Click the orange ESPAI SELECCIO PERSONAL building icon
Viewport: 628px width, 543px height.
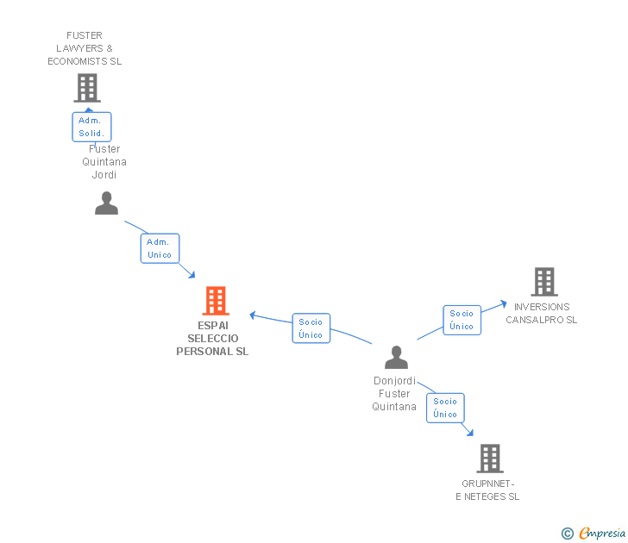pos(216,301)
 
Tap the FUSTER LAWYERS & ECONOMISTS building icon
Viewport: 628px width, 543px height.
pos(87,88)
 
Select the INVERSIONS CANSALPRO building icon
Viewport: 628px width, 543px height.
pos(544,282)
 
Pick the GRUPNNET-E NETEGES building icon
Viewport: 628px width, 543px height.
pos(490,459)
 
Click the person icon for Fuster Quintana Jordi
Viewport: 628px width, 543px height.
pos(106,203)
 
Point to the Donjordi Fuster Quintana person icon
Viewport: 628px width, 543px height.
pos(396,358)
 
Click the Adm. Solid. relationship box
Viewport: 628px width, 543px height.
pos(91,127)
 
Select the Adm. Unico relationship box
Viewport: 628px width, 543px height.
pos(160,248)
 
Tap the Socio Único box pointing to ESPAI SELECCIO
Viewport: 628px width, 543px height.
pos(311,328)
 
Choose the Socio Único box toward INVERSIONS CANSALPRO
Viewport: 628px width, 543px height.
pos(462,320)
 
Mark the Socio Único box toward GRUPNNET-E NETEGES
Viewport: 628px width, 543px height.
pos(445,408)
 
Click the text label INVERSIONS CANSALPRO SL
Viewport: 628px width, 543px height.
pos(542,314)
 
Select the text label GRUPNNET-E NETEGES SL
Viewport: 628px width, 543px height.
pos(487,490)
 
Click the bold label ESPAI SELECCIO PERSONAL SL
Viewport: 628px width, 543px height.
pos(212,339)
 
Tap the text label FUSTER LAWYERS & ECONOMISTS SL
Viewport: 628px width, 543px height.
pos(85,49)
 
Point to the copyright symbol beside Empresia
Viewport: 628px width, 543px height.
pos(567,534)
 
